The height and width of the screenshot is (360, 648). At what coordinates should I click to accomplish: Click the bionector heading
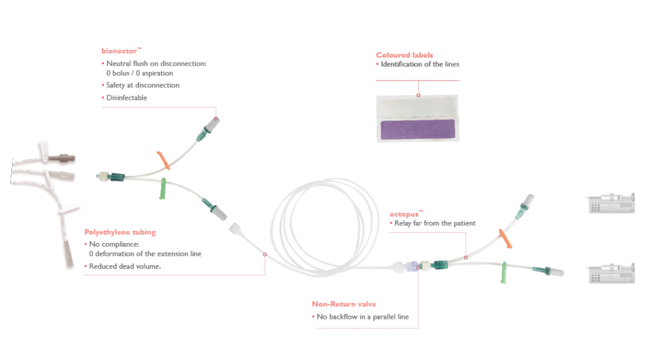(x=119, y=50)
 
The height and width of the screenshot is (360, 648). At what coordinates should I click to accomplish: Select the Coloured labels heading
(x=404, y=55)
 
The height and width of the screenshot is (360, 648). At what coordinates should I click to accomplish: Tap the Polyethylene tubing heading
(x=120, y=232)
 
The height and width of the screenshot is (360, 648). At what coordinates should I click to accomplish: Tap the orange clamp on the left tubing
(x=163, y=160)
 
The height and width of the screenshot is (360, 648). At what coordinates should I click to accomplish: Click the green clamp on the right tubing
(x=504, y=272)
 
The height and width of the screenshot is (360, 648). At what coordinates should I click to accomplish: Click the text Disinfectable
(x=127, y=98)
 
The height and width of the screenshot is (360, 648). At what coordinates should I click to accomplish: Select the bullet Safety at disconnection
(x=142, y=85)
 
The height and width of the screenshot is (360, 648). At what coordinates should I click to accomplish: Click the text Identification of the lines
(x=420, y=65)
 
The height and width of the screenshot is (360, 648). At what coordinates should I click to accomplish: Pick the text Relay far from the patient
(x=434, y=223)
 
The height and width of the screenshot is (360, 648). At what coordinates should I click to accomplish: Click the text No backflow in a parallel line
(x=367, y=316)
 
